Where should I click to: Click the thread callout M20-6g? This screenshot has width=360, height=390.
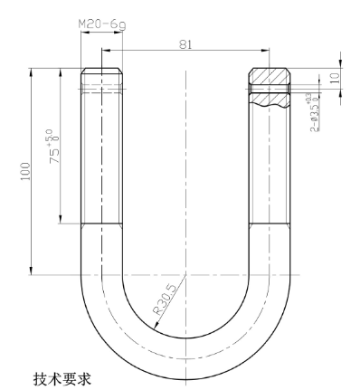[x=101, y=24]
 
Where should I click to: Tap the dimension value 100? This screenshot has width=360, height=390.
[x=23, y=172]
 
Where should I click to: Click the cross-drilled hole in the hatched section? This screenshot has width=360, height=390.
[x=269, y=89]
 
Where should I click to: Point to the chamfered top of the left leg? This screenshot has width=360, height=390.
[x=101, y=71]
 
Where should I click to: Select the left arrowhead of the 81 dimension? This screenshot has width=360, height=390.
[x=105, y=51]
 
